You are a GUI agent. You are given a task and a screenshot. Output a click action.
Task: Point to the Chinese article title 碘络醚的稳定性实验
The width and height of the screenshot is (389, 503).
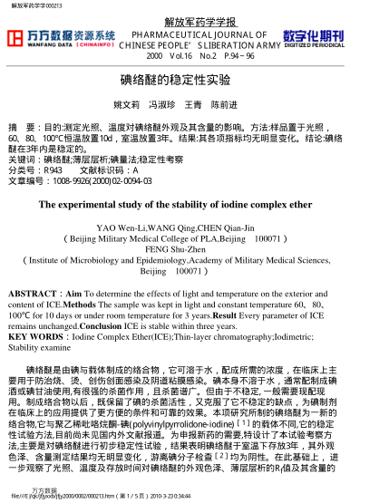coord(194,79)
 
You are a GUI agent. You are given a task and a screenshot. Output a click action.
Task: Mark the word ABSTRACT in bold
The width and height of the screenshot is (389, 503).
coord(32,295)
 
